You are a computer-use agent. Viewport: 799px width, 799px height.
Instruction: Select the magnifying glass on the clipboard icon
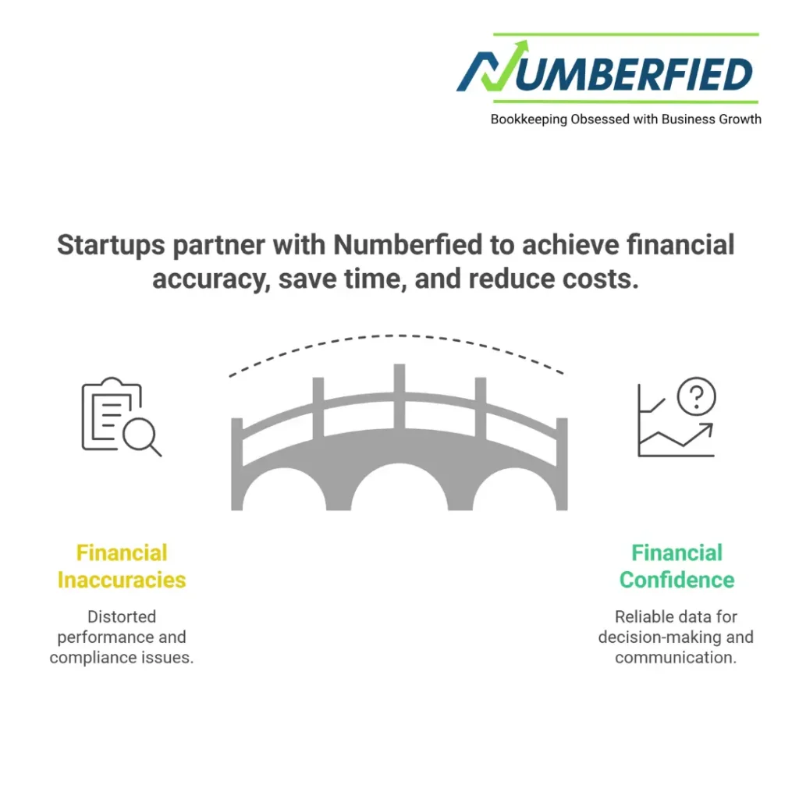pos(142,435)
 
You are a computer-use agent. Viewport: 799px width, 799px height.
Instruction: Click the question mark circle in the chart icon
pos(696,397)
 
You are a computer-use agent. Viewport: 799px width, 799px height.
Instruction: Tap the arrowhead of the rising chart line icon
pos(707,428)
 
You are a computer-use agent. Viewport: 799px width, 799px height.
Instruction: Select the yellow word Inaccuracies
pos(122,580)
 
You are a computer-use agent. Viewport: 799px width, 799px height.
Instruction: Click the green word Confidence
pos(676,580)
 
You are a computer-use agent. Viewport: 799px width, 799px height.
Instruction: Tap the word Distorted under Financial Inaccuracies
pos(122,617)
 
